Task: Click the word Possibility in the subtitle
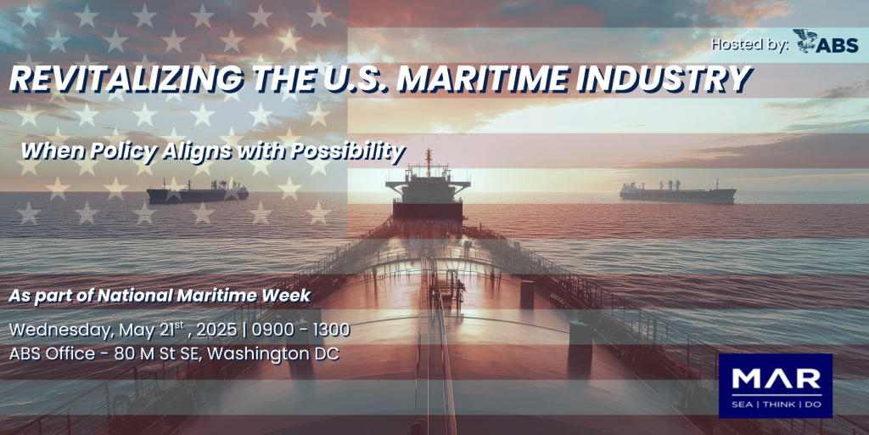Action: (x=348, y=151)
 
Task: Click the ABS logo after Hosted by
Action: (x=827, y=42)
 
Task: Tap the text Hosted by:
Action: (x=750, y=45)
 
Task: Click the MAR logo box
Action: (x=776, y=386)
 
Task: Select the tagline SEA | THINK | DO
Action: (x=776, y=404)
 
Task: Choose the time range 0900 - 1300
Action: (x=301, y=330)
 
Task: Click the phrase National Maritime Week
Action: (x=204, y=296)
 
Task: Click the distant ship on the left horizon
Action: (x=197, y=191)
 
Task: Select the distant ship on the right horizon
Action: (x=678, y=192)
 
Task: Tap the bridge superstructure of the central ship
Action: (x=428, y=191)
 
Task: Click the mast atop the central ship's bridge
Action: (x=428, y=159)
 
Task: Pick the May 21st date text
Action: (x=153, y=330)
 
